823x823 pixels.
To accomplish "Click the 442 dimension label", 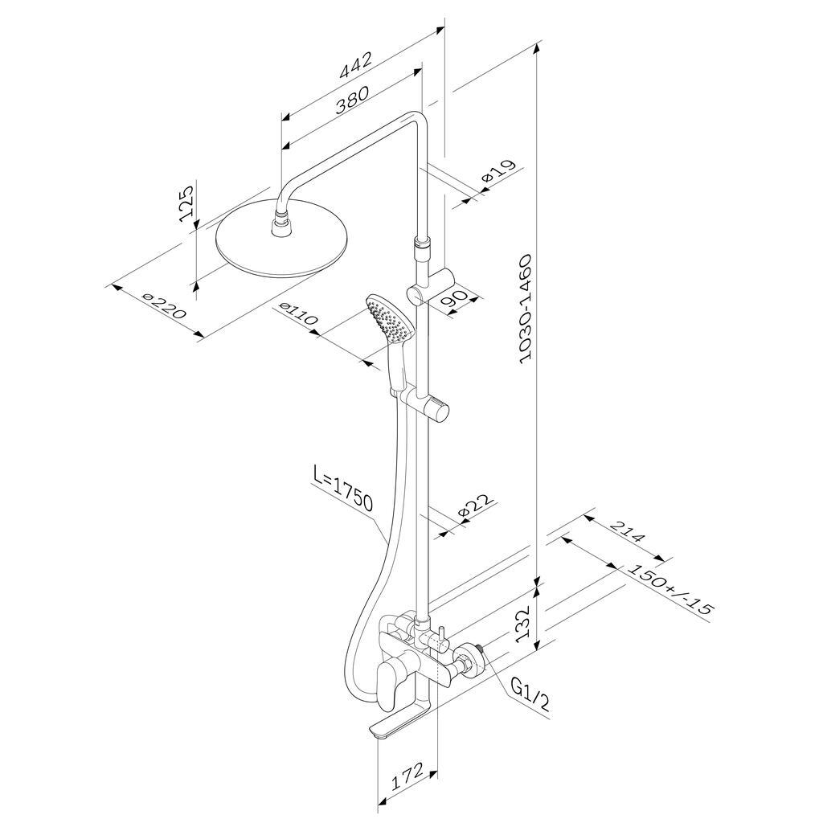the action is (356, 64).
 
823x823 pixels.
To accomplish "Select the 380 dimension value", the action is (352, 99).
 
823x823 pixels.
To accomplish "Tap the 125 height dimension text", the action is (187, 203).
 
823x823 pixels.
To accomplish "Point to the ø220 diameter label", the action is (164, 306).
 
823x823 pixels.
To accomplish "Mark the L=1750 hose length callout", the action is (342, 488).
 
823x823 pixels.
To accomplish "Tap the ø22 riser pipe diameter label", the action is (476, 506).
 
